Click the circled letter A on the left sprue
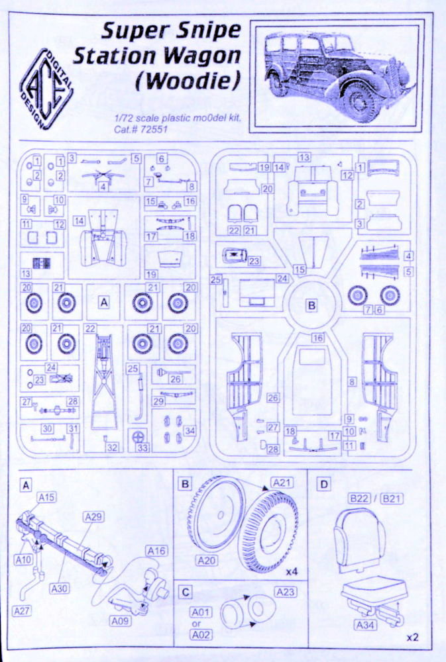coord(103,301)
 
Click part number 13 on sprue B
coord(304,157)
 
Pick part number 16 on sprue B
coord(318,337)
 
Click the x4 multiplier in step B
coord(292,570)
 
